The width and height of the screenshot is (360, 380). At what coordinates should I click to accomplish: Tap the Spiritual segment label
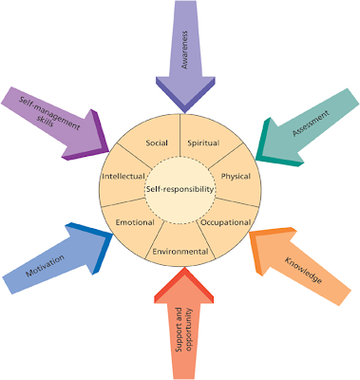tap(204, 142)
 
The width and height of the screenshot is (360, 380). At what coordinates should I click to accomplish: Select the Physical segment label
tap(235, 176)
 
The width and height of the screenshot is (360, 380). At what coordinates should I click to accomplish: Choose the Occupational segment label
tap(225, 222)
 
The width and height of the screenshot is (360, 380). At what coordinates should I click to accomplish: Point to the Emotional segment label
tap(135, 222)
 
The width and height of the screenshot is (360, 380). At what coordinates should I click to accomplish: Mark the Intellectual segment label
tap(123, 176)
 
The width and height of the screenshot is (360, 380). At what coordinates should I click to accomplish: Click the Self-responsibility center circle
tap(180, 190)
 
